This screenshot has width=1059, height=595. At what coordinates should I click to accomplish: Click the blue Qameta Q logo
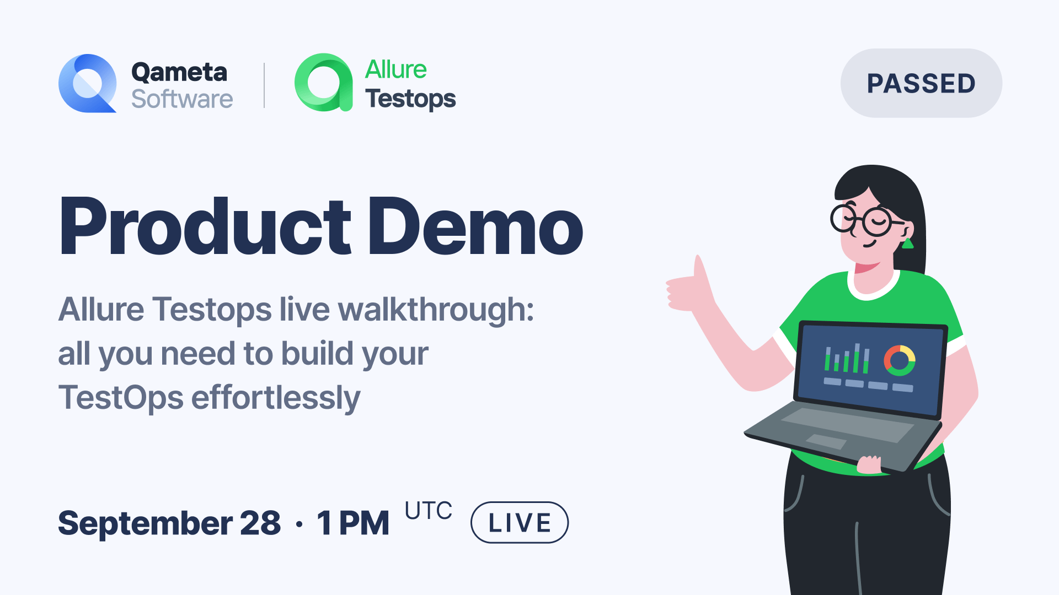click(87, 84)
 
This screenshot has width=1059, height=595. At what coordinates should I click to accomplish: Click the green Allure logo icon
click(323, 83)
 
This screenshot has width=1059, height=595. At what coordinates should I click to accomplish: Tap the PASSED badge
click(921, 83)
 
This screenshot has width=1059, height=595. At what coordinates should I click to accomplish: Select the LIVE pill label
click(519, 522)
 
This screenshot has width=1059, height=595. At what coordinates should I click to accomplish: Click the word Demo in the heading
click(475, 227)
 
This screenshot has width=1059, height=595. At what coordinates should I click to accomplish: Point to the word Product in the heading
click(205, 227)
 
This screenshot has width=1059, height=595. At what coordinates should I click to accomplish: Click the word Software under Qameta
click(182, 99)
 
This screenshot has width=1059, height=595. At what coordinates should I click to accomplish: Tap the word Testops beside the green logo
click(410, 99)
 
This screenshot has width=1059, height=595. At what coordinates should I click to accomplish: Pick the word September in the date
click(145, 523)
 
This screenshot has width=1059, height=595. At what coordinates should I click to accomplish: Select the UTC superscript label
click(428, 511)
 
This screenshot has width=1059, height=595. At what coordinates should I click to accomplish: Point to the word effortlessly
click(275, 398)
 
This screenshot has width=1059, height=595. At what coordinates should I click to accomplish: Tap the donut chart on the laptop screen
click(899, 361)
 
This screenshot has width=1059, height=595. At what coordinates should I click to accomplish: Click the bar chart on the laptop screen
click(847, 359)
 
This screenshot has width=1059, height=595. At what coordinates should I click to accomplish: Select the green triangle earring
click(907, 243)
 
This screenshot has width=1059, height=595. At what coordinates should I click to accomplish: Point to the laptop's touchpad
click(826, 441)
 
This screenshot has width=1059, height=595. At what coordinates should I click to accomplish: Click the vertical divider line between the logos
click(264, 85)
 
